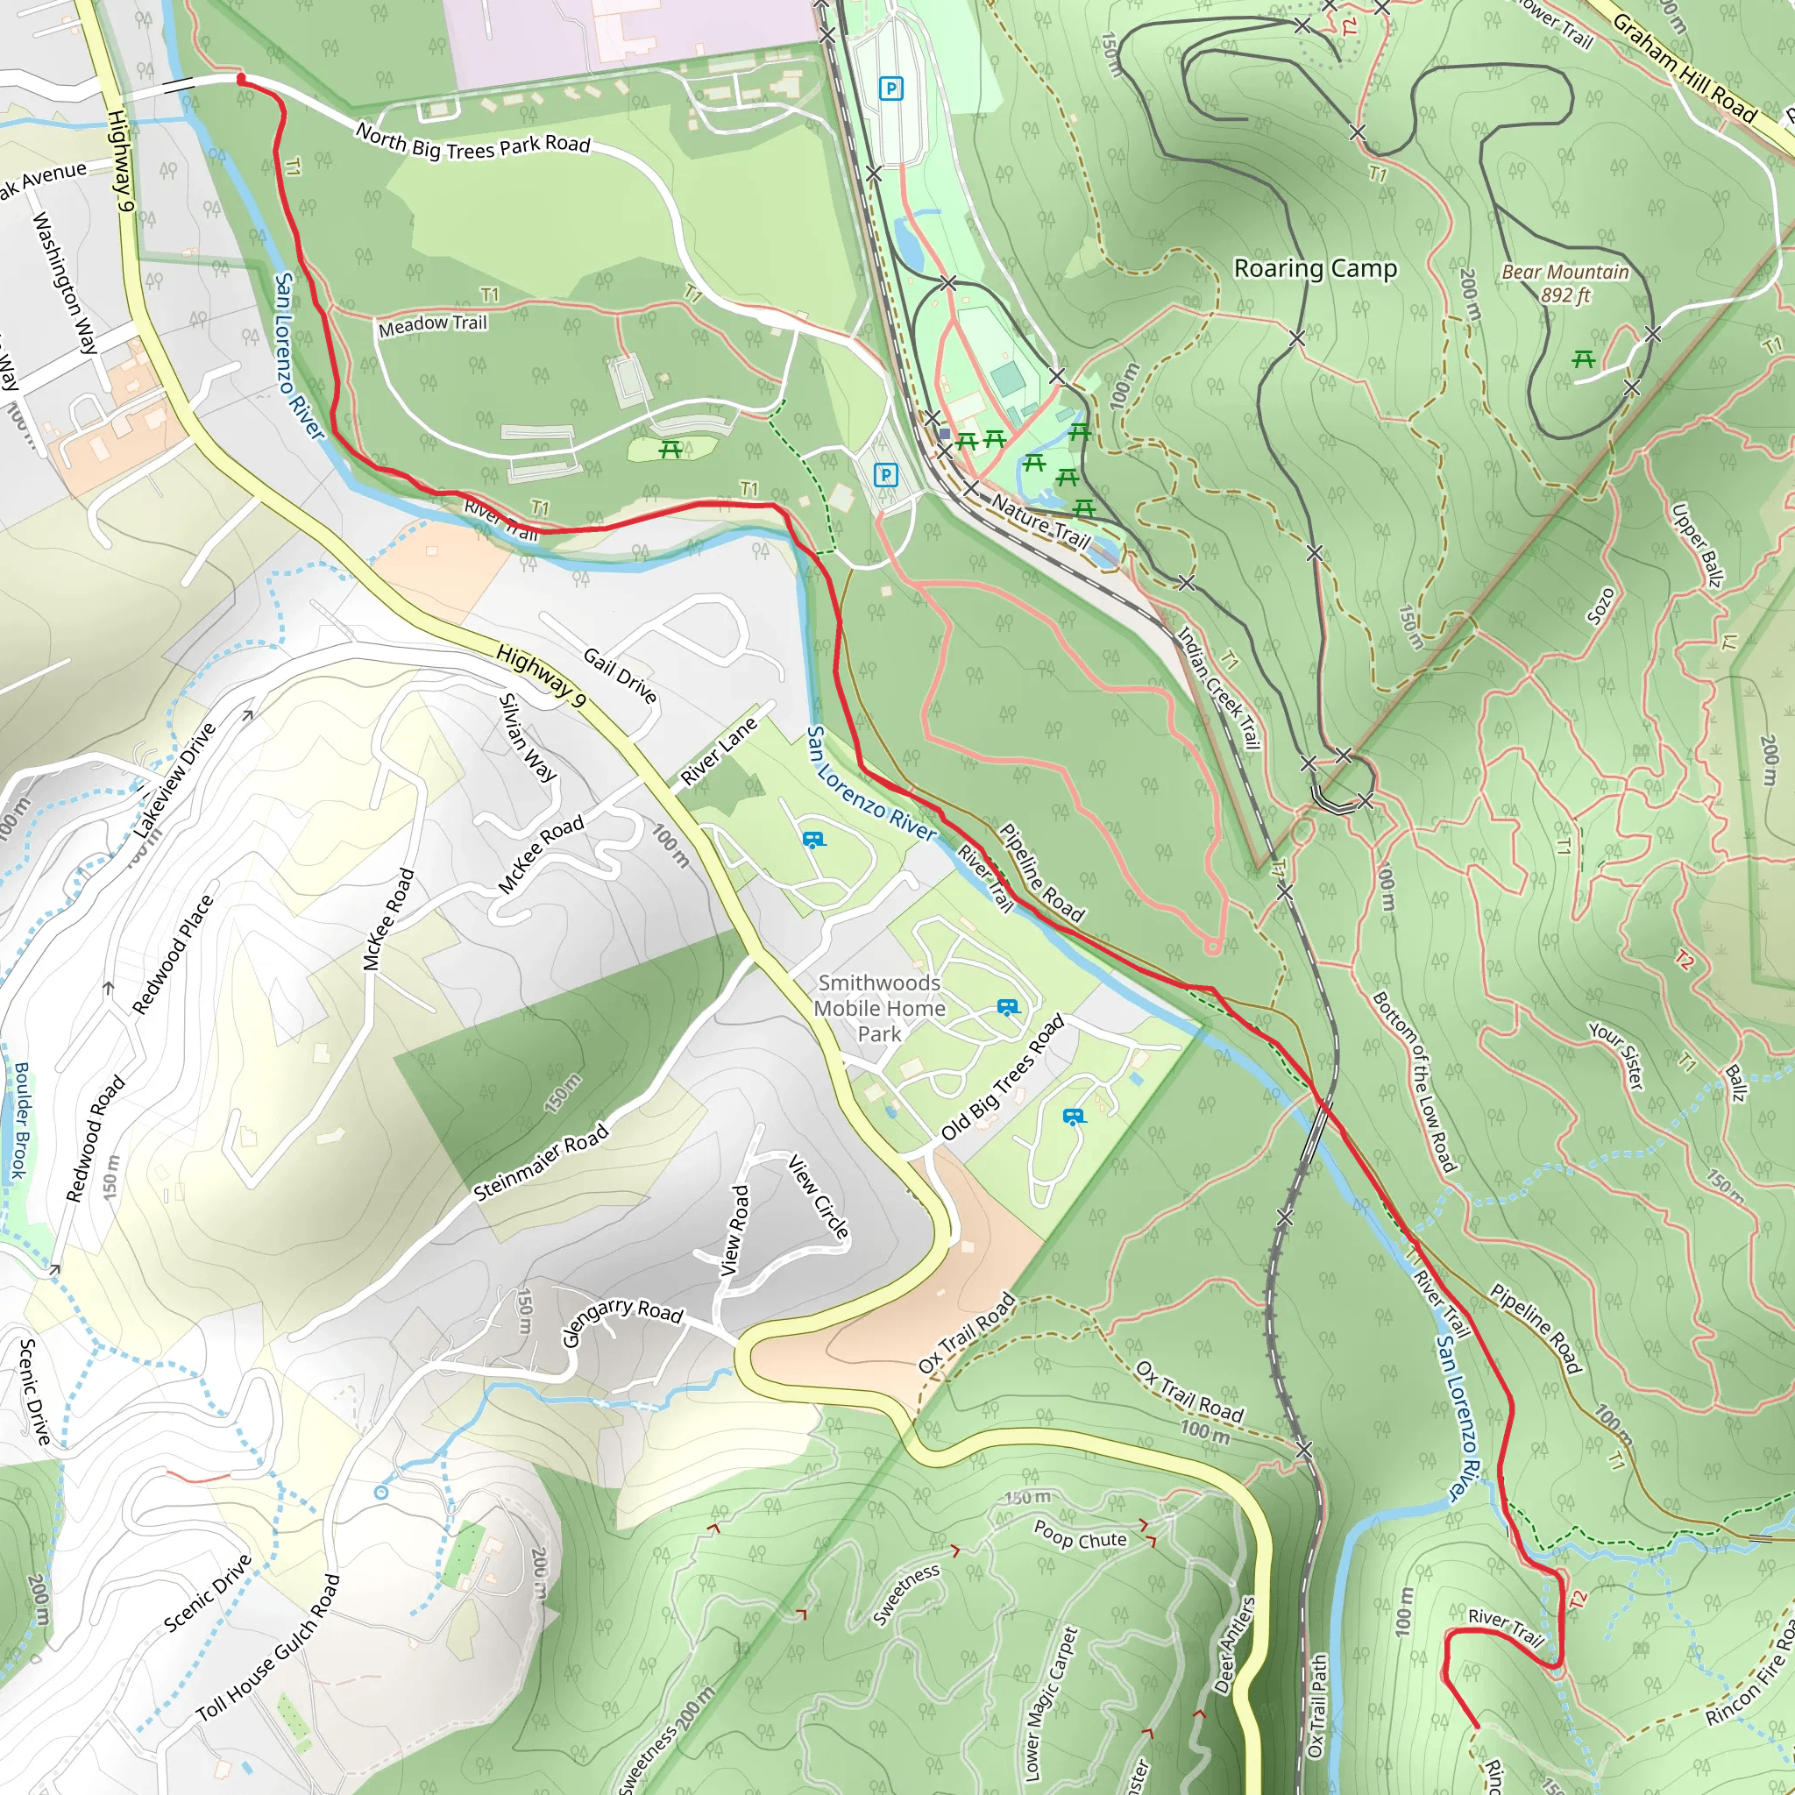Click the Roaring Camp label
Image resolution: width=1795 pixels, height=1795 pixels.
(x=1315, y=268)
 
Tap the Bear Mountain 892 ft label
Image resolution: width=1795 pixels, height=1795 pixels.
(x=1564, y=283)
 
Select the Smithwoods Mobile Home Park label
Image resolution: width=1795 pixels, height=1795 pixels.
(x=879, y=1008)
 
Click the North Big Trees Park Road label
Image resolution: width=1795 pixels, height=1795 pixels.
(x=473, y=143)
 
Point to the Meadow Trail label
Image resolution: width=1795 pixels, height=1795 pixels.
(x=432, y=325)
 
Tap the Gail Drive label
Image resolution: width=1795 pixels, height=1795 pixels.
(x=620, y=676)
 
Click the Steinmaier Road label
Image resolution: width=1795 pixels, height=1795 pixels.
(x=541, y=1162)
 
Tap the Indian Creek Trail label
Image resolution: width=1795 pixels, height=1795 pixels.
(x=1218, y=687)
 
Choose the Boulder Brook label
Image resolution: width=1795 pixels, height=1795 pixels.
(x=19, y=1119)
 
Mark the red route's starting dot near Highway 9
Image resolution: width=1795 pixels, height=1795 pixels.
(x=242, y=80)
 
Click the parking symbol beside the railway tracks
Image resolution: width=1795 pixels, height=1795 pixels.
(x=890, y=89)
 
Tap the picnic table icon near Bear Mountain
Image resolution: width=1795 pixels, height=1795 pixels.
(x=1583, y=358)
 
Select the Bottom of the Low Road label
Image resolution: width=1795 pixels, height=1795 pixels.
(x=1414, y=1082)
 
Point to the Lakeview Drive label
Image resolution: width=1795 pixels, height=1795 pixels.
(x=174, y=780)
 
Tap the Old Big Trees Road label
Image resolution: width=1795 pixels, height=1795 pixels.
(x=1003, y=1079)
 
